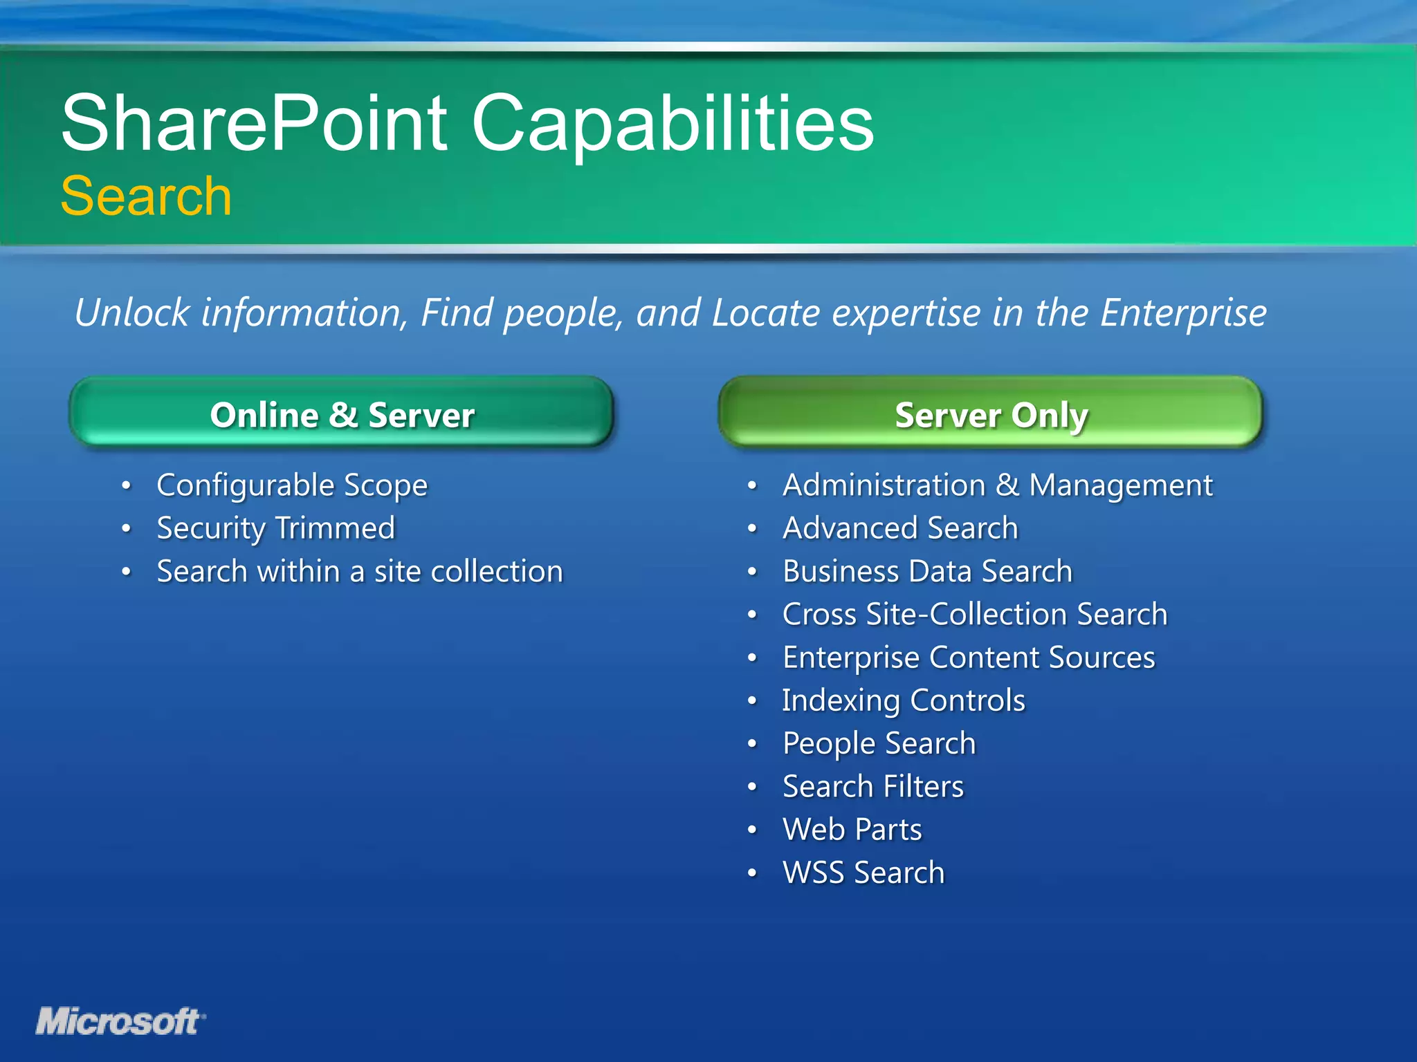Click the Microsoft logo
[120, 1022]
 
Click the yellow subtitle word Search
[146, 196]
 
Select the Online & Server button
[342, 413]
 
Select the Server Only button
[991, 413]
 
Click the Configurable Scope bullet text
[292, 485]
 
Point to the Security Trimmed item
[275, 528]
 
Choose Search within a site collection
[360, 572]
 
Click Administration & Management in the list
[997, 485]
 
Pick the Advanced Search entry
[900, 528]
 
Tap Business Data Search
[927, 572]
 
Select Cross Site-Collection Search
[975, 615]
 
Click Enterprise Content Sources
[969, 658]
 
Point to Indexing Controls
[904, 700]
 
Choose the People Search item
[879, 744]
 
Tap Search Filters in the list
[873, 787]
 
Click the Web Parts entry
[852, 830]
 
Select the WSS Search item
[863, 873]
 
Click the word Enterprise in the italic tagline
[1183, 313]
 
